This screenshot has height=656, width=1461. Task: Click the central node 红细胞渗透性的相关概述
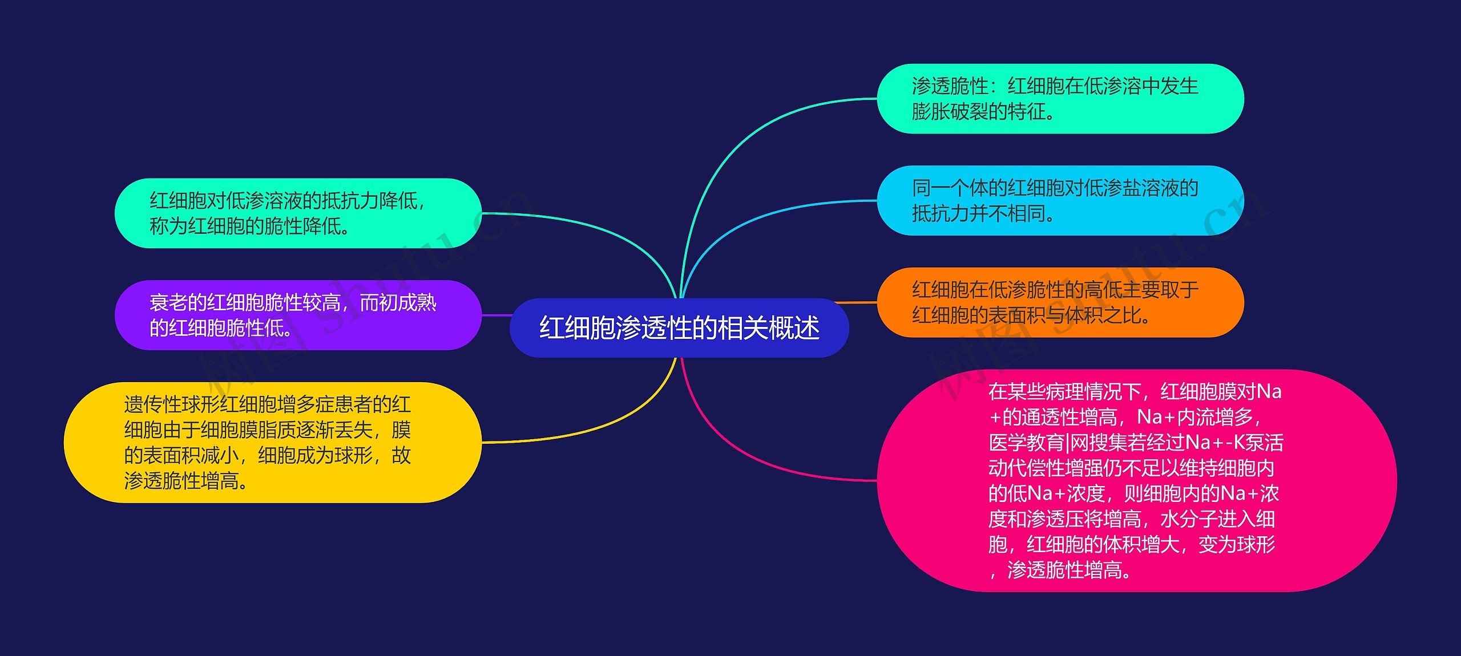point(679,328)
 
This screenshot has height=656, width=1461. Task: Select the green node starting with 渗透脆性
point(1060,99)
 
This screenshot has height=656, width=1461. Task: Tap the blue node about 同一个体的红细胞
point(1060,200)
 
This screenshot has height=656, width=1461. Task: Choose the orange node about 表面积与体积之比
point(1060,302)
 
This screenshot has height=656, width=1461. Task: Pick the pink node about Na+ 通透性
point(1136,480)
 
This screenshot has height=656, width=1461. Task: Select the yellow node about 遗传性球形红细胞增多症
point(273,443)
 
